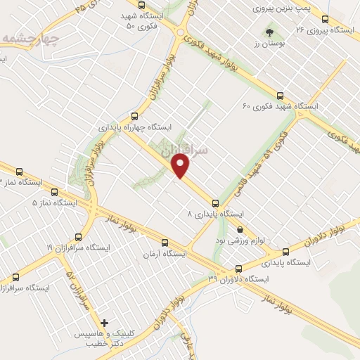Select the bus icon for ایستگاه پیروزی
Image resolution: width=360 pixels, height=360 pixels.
click(x=325, y=20)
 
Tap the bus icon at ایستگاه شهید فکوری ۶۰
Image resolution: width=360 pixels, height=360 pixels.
click(x=280, y=95)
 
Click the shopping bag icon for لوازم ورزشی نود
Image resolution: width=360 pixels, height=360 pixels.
click(x=240, y=229)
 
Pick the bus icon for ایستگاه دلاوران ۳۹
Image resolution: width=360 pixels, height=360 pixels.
click(x=238, y=268)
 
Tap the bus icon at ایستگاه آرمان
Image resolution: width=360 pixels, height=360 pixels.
click(x=164, y=242)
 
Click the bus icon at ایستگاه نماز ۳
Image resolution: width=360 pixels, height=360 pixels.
click(x=18, y=170)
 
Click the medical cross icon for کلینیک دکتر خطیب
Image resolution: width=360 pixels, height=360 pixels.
click(x=104, y=323)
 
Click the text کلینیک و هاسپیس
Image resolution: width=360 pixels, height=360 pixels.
click(x=105, y=335)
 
